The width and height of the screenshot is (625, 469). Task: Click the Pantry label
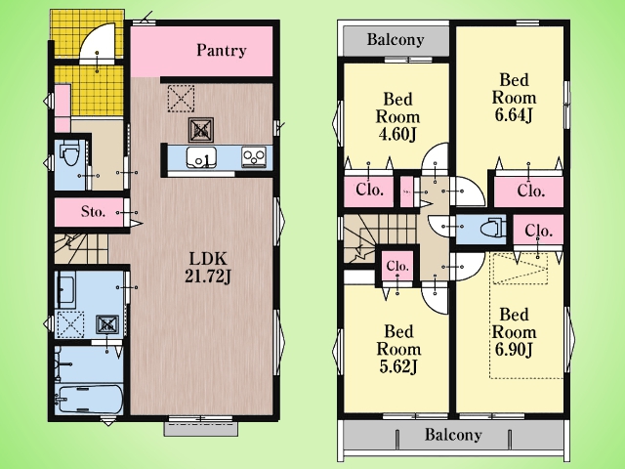click(x=222, y=51)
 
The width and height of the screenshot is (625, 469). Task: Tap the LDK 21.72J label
click(x=208, y=268)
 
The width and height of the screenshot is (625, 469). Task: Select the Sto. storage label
click(x=94, y=211)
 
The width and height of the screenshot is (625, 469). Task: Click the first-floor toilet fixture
click(x=70, y=154)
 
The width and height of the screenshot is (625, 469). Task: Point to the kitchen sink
click(x=202, y=157)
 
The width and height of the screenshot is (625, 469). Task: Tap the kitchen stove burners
click(x=254, y=157)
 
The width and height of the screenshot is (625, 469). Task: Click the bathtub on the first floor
click(x=89, y=400)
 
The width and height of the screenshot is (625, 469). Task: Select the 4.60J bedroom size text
click(x=397, y=135)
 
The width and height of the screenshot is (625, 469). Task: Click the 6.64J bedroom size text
click(x=514, y=115)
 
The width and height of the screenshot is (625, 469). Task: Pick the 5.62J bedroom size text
click(x=398, y=367)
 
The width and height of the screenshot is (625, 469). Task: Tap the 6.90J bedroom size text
click(x=514, y=350)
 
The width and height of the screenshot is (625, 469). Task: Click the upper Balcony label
click(x=396, y=39)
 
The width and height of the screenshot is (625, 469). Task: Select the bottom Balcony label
click(x=453, y=434)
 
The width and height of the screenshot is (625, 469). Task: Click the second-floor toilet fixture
click(x=492, y=230)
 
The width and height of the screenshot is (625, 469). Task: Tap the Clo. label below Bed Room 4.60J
click(x=369, y=190)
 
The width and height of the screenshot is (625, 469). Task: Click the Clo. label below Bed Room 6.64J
click(x=531, y=191)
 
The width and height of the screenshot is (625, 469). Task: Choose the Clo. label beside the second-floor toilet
click(x=538, y=231)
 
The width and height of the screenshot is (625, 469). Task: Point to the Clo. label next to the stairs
click(x=397, y=266)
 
